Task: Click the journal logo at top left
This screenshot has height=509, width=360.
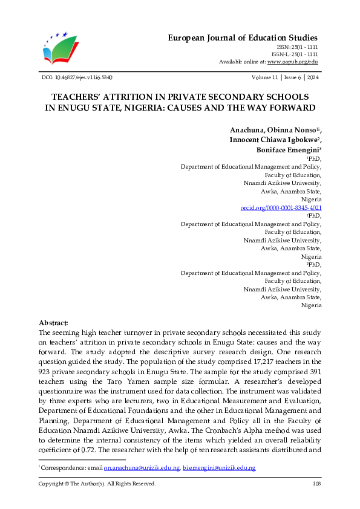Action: click(61, 49)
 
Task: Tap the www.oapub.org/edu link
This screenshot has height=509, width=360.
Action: click(293, 62)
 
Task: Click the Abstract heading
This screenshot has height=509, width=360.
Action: click(53, 323)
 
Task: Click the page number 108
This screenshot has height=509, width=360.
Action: click(316, 484)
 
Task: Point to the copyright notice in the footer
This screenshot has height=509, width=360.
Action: click(97, 484)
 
